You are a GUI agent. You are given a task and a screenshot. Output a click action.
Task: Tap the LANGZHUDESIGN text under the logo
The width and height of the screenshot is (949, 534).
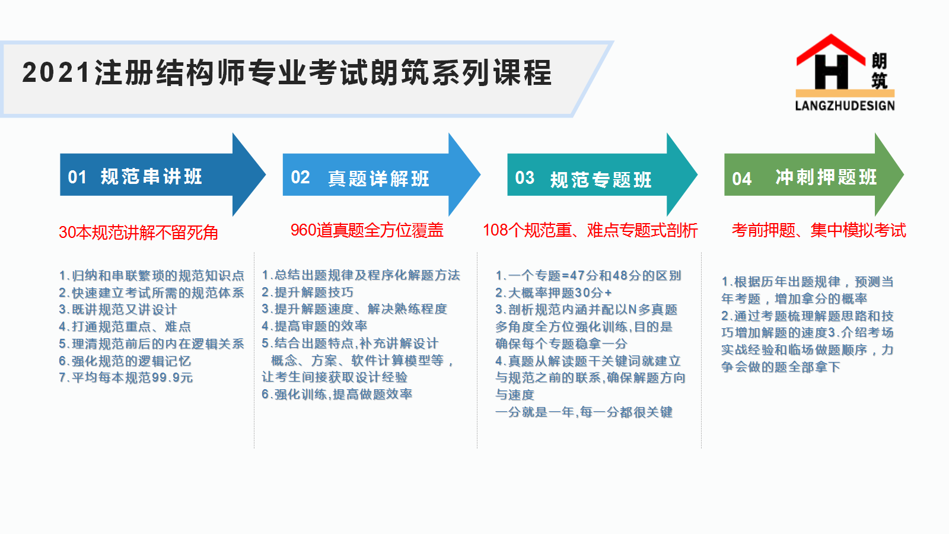845,106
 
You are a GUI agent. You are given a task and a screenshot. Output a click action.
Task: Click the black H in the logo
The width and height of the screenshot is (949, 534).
831,72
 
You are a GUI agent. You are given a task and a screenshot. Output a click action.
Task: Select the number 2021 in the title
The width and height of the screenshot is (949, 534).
56,72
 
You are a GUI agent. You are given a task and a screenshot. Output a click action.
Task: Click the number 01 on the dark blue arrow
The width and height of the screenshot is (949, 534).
77,177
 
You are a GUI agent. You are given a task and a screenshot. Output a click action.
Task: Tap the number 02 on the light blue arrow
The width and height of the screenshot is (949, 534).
300,177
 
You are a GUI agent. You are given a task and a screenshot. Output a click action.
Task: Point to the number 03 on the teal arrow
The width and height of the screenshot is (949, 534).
524,178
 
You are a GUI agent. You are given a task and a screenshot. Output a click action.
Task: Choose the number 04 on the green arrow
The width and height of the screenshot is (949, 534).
742,179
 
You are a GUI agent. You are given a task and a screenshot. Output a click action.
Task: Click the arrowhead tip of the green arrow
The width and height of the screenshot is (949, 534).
904,174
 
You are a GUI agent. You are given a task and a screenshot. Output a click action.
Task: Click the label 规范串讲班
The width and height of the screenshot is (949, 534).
151,177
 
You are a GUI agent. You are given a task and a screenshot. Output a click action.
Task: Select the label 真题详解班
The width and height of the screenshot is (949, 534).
378,179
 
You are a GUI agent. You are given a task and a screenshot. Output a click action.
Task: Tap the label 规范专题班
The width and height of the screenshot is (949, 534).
601,180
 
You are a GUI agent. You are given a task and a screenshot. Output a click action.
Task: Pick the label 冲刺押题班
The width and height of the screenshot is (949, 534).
826,177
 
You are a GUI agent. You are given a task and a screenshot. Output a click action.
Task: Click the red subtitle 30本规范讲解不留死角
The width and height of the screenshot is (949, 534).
139,232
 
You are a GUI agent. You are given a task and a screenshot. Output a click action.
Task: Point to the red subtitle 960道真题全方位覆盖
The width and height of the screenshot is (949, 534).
367,230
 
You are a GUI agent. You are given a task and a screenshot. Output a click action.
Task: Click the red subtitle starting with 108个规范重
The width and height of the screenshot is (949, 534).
590,231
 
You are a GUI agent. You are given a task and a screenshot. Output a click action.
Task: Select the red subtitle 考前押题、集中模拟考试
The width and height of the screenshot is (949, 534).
819,231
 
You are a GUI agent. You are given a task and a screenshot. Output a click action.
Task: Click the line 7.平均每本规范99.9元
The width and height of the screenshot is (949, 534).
126,377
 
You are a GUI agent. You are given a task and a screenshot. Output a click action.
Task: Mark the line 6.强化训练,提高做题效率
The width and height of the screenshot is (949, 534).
337,395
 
